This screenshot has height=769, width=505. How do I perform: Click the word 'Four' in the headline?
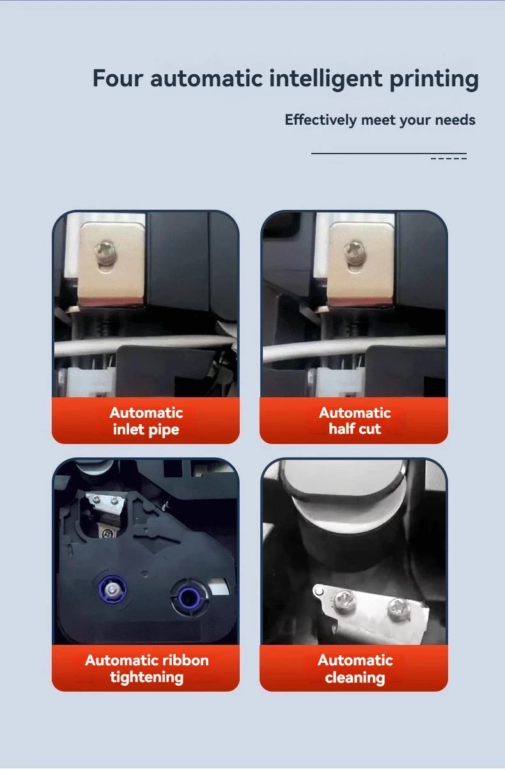(118, 78)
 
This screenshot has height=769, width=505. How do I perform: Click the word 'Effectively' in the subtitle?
(321, 120)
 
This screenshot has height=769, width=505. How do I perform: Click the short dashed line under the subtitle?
(448, 158)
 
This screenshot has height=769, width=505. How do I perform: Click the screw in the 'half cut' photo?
(355, 253)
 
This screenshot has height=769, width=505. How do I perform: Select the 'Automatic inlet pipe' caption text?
(146, 421)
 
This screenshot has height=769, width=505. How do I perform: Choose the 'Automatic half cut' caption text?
(355, 420)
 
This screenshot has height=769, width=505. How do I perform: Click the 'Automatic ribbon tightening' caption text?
(147, 669)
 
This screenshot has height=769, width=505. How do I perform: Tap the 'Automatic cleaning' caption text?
(355, 669)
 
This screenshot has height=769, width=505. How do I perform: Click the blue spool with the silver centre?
(113, 589)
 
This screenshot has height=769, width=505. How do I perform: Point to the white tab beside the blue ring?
(219, 587)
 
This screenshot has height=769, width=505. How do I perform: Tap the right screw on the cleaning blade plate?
(398, 608)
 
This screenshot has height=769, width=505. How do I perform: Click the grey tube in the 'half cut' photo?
(354, 346)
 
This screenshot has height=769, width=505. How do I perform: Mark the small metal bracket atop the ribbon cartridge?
(105, 503)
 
